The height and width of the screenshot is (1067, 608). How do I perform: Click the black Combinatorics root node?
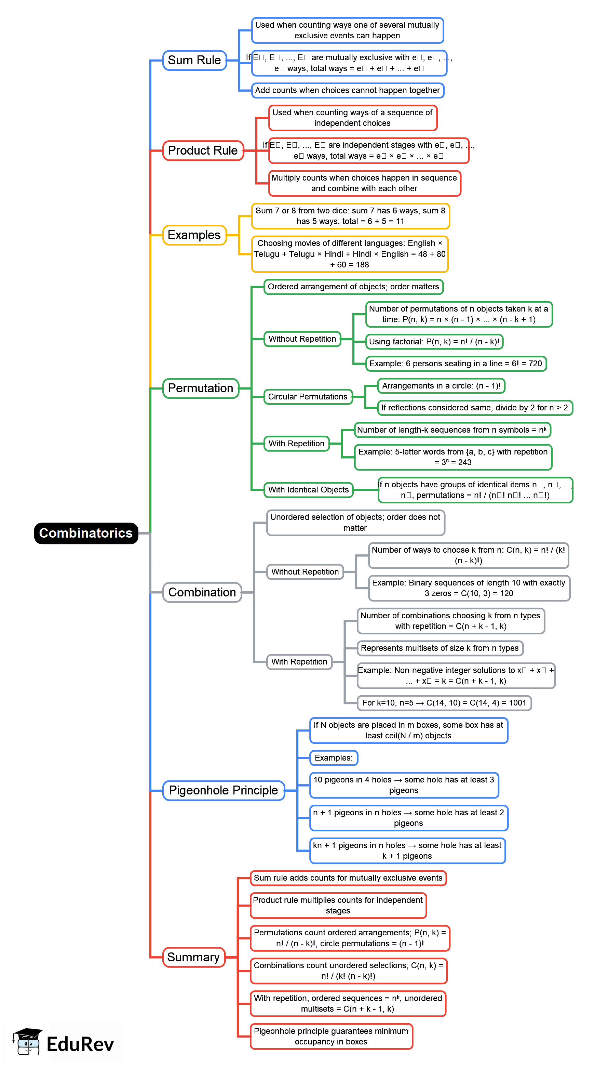[x=86, y=533]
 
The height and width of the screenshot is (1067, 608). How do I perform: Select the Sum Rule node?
[x=194, y=60]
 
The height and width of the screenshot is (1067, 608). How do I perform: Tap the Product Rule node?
[x=203, y=150]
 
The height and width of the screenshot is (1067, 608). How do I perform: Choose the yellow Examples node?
[x=194, y=235]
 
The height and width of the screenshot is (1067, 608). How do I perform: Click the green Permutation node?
[x=200, y=388]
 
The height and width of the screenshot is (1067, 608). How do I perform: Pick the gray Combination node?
[x=202, y=592]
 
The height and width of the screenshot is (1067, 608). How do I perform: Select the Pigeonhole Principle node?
[x=224, y=790]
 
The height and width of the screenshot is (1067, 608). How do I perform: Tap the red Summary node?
[x=193, y=957]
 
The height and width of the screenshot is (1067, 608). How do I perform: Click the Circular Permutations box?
[x=308, y=396]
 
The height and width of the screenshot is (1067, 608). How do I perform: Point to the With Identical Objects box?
[x=308, y=490]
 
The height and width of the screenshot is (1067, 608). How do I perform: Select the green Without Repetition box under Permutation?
[x=302, y=339]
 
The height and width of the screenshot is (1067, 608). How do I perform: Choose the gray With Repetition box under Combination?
[x=299, y=662]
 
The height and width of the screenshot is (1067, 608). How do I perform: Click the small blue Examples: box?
[x=333, y=758]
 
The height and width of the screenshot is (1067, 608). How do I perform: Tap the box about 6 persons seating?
[x=456, y=364]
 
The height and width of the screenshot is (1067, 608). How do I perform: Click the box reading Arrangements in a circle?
[x=441, y=386]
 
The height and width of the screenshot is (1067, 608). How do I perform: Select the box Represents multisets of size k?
[x=440, y=648]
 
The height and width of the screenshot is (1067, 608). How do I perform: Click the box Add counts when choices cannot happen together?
[x=348, y=90]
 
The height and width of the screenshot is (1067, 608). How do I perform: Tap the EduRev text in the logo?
[x=80, y=1044]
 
